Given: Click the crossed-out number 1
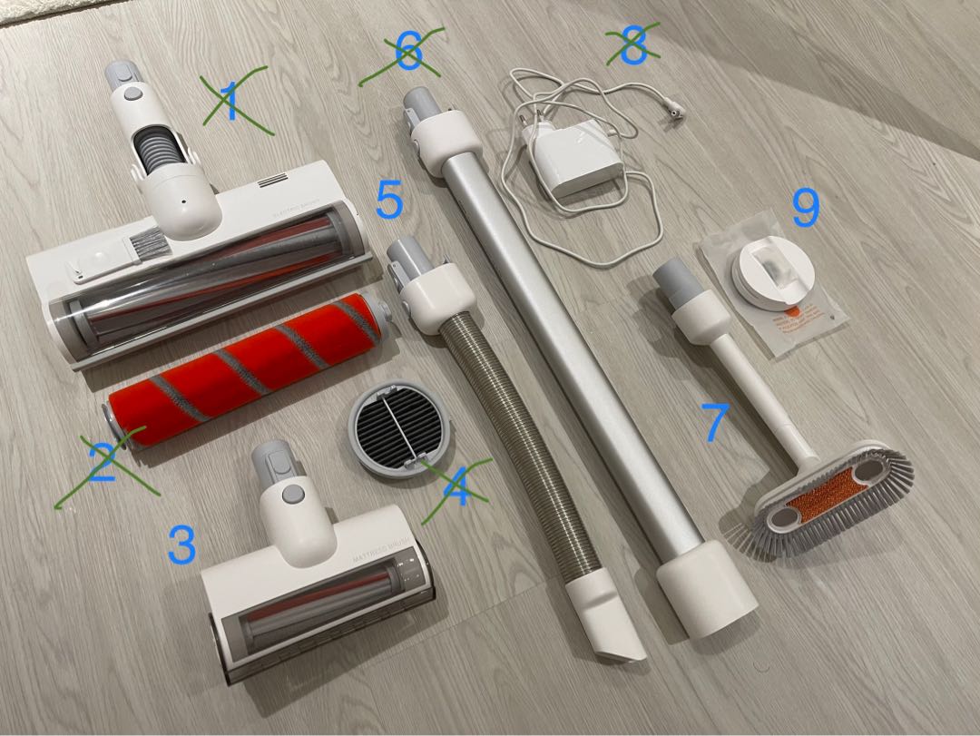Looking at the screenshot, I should point(232,101).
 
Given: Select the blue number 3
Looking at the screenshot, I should point(181,544).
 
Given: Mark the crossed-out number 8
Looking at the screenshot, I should point(632,45).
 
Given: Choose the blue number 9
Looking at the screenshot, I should point(805,208).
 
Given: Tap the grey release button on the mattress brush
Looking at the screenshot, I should point(293,492).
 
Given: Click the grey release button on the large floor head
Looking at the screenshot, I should point(130,93).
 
